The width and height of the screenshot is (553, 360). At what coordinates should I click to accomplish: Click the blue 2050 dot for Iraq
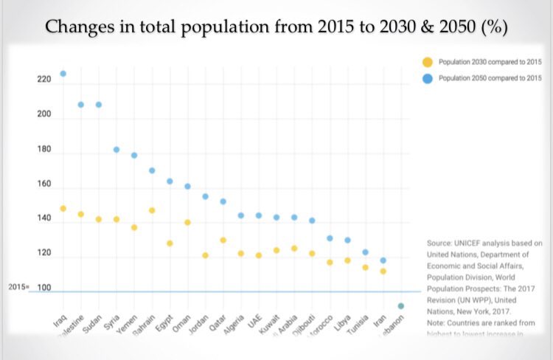[x=63, y=74]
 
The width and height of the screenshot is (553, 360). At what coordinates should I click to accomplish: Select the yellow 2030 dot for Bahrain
[x=152, y=210]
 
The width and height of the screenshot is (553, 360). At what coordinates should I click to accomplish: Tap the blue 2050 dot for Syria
[x=116, y=150]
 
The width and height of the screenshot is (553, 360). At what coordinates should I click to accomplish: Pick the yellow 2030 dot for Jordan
[x=205, y=255]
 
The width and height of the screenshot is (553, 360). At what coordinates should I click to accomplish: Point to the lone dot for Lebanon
[x=400, y=306]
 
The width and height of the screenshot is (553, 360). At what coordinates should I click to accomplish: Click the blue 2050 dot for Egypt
[x=170, y=181]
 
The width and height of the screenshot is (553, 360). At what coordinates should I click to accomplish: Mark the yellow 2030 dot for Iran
[x=383, y=271]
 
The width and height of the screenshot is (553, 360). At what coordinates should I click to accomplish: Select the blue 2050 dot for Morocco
[x=330, y=238]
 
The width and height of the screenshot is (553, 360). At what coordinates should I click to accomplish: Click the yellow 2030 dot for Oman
[x=187, y=222]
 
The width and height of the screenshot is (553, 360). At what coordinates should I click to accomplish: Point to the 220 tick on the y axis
[x=44, y=79]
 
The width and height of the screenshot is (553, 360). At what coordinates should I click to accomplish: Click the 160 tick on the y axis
[x=44, y=184]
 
